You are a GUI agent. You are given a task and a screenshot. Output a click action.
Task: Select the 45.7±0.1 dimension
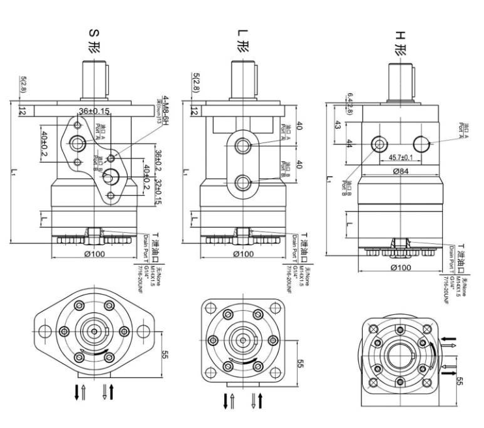tap(399, 157)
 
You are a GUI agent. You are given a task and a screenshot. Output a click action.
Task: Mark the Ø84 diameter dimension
tap(399, 171)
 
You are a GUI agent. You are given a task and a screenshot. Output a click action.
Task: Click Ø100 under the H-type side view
tap(399, 267)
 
